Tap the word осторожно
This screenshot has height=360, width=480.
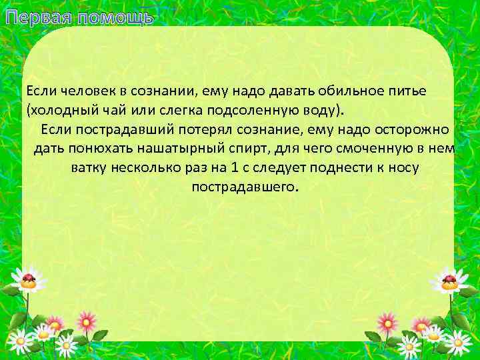417,129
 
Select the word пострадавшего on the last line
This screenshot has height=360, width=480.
244,187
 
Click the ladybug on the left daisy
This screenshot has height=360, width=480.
29,280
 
